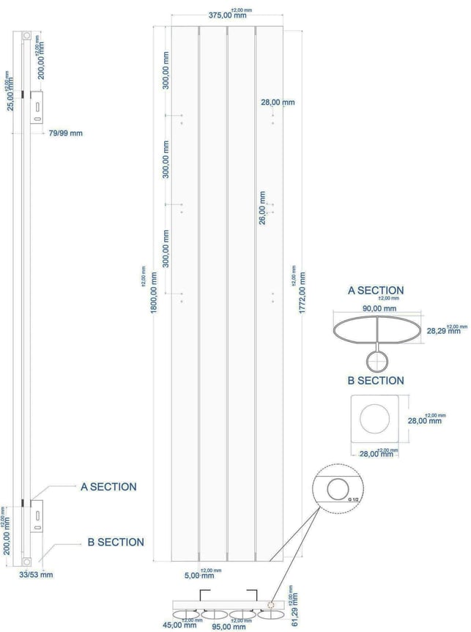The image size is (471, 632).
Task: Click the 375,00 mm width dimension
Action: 226,15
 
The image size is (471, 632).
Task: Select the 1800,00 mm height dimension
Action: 153,292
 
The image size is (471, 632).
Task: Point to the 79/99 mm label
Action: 65,133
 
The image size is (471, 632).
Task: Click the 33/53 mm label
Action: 37,575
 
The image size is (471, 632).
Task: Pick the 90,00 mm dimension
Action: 379,308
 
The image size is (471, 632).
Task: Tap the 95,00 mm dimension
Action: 227,626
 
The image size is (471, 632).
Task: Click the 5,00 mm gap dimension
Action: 192,575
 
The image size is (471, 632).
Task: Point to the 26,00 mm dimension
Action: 262,207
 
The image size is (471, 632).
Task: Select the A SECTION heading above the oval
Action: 375,290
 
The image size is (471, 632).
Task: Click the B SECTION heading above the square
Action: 375,380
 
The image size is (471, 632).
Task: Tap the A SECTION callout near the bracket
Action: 108,486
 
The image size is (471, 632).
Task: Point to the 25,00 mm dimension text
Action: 10,95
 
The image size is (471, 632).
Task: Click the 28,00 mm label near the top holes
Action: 278,103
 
